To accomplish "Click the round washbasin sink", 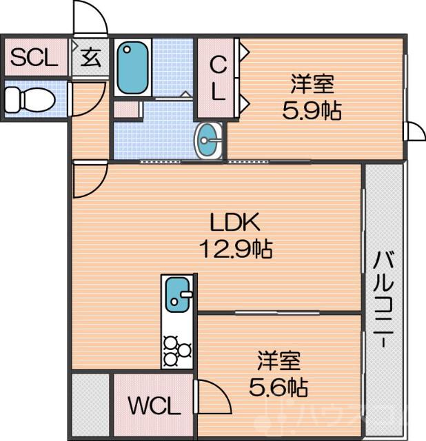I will click(x=209, y=141).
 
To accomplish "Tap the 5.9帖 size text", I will click(x=312, y=110).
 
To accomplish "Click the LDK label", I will click(x=234, y=223).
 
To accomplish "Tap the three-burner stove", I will click(x=178, y=349).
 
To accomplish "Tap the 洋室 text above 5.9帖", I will click(x=312, y=85).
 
